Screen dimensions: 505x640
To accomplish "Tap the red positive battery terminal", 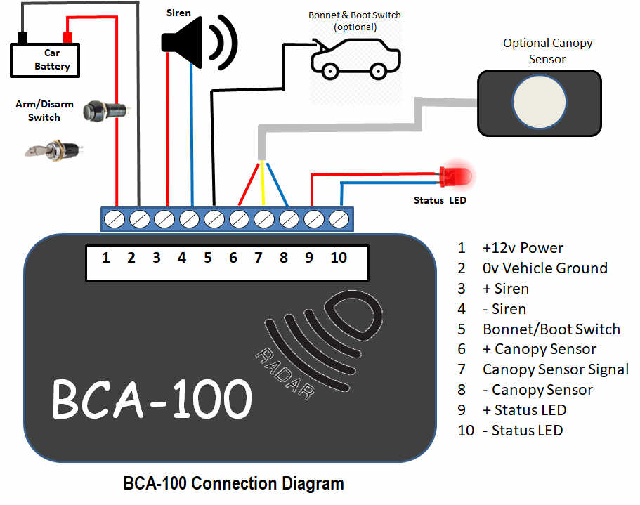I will pos(67,37).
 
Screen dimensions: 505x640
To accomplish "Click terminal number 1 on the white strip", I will pos(106,258).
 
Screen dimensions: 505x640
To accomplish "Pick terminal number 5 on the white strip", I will pos(208,258).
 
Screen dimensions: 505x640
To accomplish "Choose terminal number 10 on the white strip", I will pos(339,258).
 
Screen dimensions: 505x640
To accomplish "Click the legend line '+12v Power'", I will pos(523,247).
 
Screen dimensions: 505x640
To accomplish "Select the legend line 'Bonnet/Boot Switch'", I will pos(551,329).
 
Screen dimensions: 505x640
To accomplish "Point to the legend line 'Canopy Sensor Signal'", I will pos(555,369).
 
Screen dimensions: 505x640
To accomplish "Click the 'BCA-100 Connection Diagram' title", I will pos(233,483).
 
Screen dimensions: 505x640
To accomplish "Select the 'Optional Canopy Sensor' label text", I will pos(547,51).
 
